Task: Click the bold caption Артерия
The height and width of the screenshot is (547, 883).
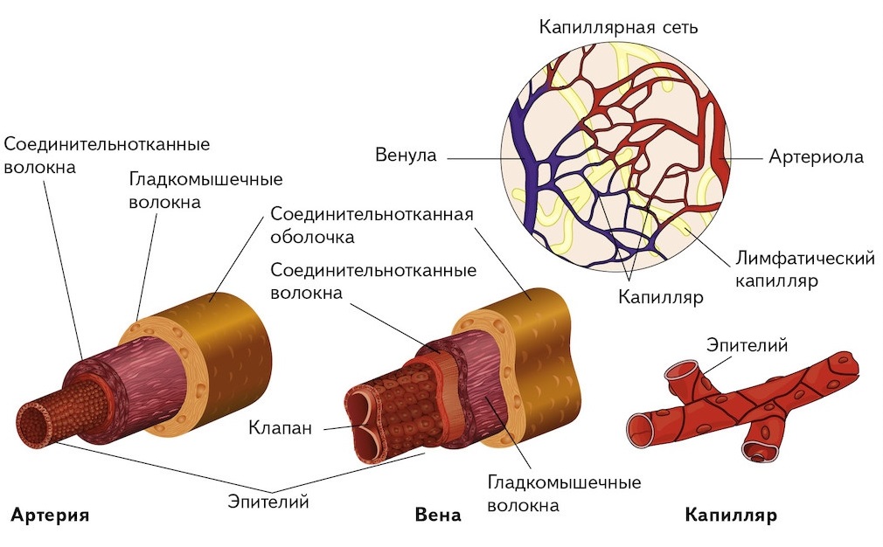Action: click(x=51, y=515)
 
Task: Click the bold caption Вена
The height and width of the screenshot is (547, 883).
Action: click(x=438, y=515)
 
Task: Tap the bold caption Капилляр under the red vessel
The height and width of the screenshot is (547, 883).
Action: click(x=731, y=515)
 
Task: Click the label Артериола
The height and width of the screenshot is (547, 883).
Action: click(x=816, y=157)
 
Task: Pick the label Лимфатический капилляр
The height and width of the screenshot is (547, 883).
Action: click(x=804, y=270)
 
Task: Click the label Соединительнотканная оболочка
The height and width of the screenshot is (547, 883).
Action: click(x=372, y=225)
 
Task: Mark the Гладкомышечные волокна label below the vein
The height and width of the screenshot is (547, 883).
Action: click(x=564, y=494)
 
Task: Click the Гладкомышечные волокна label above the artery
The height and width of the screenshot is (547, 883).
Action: click(x=205, y=190)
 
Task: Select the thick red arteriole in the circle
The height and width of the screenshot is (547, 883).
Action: click(x=719, y=157)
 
